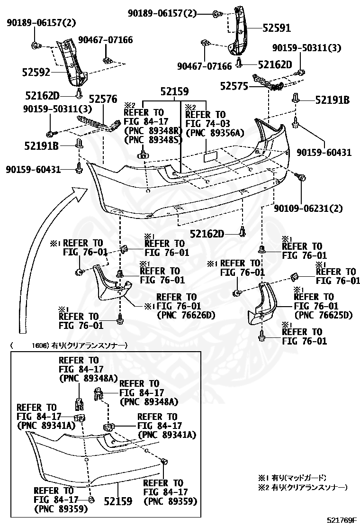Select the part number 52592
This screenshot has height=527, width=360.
coord(36,73)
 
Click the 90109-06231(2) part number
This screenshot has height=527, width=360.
coord(308,208)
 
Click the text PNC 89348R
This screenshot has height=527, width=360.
coord(153,131)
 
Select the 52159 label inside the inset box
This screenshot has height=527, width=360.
coord(118,500)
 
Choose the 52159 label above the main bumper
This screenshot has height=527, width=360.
coord(174,91)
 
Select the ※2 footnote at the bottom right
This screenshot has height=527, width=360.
coord(302,487)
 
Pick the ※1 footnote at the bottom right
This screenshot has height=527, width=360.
coord(292,478)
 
